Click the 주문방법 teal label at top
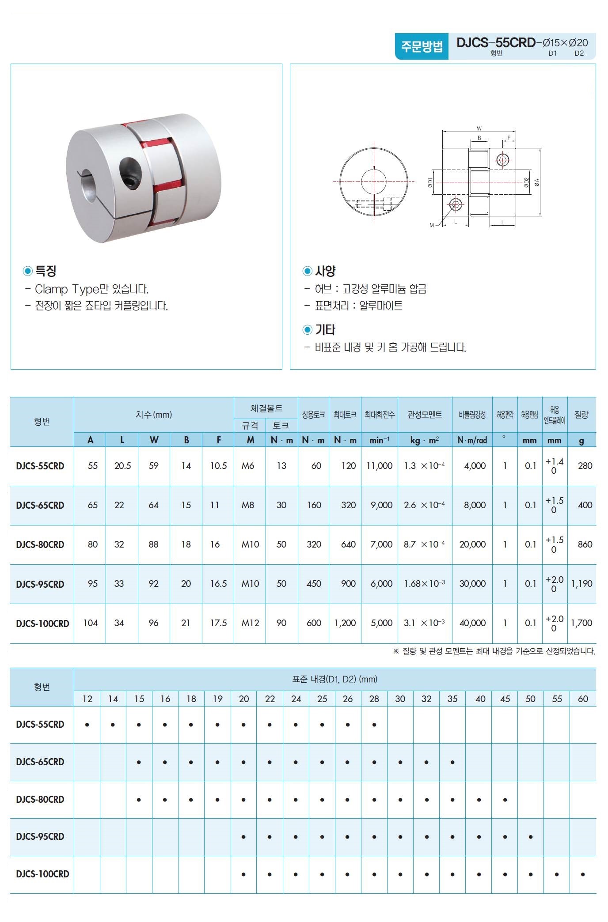(x=422, y=46)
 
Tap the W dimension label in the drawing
(x=479, y=128)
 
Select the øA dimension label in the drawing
(x=536, y=181)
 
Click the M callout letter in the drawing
(x=432, y=225)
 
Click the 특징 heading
(x=46, y=271)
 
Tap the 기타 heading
(x=325, y=329)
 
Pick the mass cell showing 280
(x=585, y=466)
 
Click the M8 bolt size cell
(x=248, y=505)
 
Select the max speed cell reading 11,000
(x=379, y=466)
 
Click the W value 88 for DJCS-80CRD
(x=153, y=544)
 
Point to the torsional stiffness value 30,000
(x=472, y=584)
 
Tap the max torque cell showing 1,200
(x=345, y=623)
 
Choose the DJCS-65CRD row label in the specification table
(x=40, y=505)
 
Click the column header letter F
(x=218, y=440)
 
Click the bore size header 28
(x=374, y=699)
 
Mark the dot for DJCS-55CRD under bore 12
(x=87, y=725)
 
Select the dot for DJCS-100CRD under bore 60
(x=583, y=874)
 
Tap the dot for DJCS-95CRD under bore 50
(x=531, y=837)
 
